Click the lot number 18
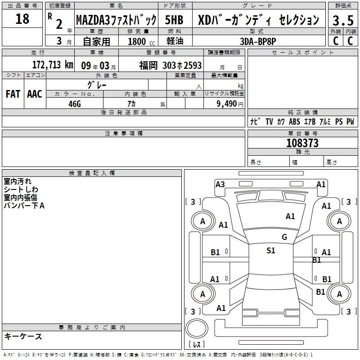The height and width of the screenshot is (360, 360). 22,18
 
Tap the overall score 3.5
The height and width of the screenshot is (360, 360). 343,20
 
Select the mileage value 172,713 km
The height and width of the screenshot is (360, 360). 53,65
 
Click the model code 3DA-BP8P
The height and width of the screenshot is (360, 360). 258,41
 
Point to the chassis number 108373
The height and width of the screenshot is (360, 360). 302,143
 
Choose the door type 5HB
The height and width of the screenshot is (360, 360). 174,20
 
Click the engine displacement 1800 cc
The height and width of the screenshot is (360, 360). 141,41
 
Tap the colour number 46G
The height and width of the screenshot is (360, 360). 75,104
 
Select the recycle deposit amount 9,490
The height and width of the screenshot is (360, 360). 227,103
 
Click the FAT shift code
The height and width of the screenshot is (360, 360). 13,94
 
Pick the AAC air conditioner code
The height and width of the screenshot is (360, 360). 35,94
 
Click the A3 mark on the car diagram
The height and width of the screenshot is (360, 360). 220,184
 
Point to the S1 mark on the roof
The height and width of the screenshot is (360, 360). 271,250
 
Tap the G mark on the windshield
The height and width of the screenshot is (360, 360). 284,237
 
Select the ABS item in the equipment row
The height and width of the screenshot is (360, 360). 294,121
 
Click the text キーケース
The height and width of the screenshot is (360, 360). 23,337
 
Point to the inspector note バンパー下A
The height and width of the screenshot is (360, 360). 24,206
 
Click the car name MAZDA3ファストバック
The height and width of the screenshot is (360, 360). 116,20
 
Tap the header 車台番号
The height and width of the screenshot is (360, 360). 302,133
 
